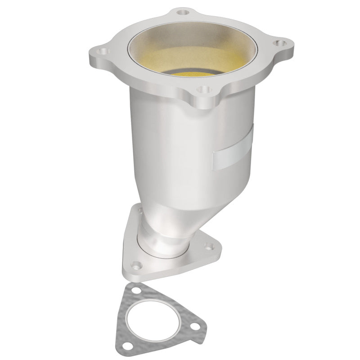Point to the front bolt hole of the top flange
pos(205,90)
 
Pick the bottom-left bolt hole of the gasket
pos(129,346)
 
